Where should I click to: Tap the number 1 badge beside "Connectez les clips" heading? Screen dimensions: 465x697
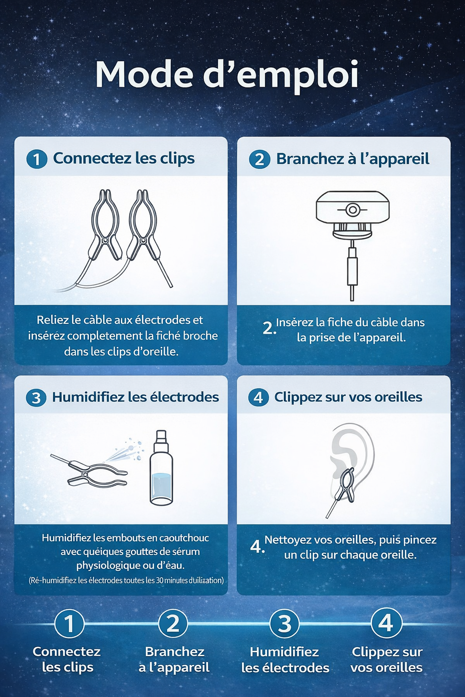[x=37, y=159]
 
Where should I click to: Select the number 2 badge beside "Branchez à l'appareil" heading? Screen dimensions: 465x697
[x=259, y=159]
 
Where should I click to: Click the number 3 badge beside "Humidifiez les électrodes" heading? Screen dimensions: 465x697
[x=36, y=398]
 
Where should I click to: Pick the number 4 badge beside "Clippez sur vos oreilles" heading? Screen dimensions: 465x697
[x=258, y=398]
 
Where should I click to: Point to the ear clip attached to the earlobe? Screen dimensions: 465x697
[x=344, y=486]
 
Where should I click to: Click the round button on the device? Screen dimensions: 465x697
[x=352, y=210]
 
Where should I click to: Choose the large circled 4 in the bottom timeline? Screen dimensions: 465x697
[x=386, y=623]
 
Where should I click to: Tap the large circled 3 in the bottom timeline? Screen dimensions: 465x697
[x=284, y=623]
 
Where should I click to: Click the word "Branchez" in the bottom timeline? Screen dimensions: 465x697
[x=174, y=652]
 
